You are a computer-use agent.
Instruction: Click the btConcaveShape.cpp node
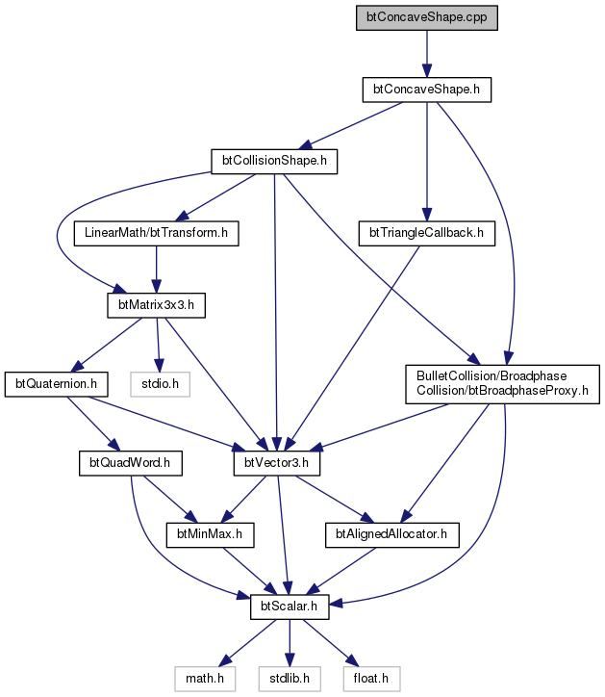coord(426,17)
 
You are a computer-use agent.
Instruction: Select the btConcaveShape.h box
coord(426,90)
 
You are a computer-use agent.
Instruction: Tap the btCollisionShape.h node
coord(274,162)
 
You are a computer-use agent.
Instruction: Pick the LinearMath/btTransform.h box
coord(156,233)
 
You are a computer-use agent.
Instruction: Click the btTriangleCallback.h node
coord(426,233)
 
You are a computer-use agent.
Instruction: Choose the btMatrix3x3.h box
coord(156,305)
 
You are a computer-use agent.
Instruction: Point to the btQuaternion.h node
coord(56,384)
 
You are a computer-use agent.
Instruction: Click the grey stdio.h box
coord(160,384)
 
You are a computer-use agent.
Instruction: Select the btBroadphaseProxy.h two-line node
coord(502,384)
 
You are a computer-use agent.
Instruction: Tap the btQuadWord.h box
coord(131,463)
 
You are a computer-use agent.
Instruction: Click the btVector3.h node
coord(277,463)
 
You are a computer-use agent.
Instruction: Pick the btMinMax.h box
coord(210,534)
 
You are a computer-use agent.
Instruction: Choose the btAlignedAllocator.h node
coord(391,534)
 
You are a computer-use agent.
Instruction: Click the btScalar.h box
coord(290,607)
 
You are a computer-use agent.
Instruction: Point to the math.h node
coord(205,679)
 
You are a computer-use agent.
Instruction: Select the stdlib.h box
coord(290,679)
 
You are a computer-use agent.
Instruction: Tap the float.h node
coord(371,679)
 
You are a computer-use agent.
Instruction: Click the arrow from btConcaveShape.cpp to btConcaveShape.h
coord(427,54)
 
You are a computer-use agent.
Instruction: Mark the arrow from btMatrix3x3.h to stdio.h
coord(158,345)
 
